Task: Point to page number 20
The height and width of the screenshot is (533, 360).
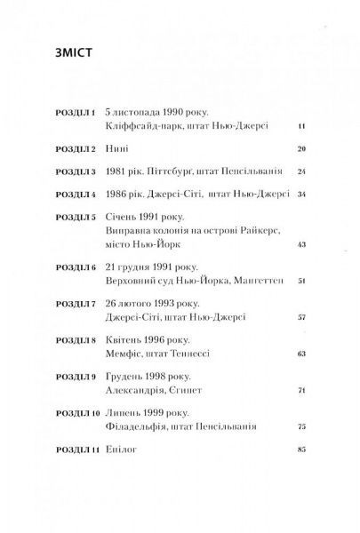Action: coord(300,150)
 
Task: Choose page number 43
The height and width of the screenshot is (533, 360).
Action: coord(300,244)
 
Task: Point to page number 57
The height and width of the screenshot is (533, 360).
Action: coord(300,317)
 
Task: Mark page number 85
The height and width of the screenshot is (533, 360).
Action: coord(300,473)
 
